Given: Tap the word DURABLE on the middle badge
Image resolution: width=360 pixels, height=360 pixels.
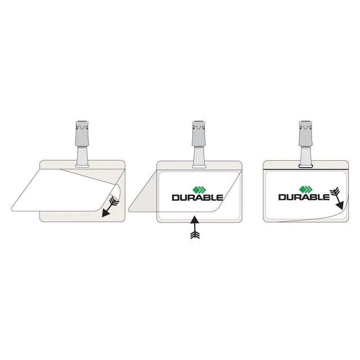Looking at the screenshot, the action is pyautogui.click(x=197, y=197).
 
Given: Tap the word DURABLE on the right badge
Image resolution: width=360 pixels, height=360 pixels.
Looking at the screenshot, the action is pyautogui.click(x=304, y=197).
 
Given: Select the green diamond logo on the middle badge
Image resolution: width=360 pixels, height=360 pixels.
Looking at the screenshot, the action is pyautogui.click(x=199, y=190).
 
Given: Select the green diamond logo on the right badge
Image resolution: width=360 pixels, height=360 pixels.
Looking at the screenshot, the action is pyautogui.click(x=306, y=189).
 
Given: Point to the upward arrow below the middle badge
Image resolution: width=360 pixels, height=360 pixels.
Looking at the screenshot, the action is pyautogui.click(x=195, y=227).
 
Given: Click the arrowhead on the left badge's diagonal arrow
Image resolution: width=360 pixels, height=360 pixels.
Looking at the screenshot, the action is pyautogui.click(x=105, y=213).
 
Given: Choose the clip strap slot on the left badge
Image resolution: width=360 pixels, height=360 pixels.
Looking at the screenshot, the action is pyautogui.click(x=82, y=165).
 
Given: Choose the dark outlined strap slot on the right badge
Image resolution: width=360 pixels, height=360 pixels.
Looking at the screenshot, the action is pyautogui.click(x=305, y=166).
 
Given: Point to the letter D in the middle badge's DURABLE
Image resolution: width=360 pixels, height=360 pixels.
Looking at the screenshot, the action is pyautogui.click(x=175, y=197).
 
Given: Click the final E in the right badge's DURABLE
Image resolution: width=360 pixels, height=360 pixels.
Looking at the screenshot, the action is pyautogui.click(x=327, y=197).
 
